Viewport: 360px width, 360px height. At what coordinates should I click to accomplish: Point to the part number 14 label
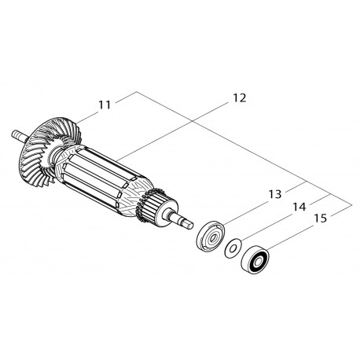pos(299,207)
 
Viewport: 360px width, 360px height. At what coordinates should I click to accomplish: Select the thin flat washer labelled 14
pos(233,248)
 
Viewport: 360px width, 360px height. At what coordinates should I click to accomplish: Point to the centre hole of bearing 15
pos(255,259)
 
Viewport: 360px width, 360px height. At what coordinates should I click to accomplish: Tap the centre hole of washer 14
pos(232,249)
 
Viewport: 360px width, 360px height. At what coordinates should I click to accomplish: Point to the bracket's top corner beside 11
pos(137,92)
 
